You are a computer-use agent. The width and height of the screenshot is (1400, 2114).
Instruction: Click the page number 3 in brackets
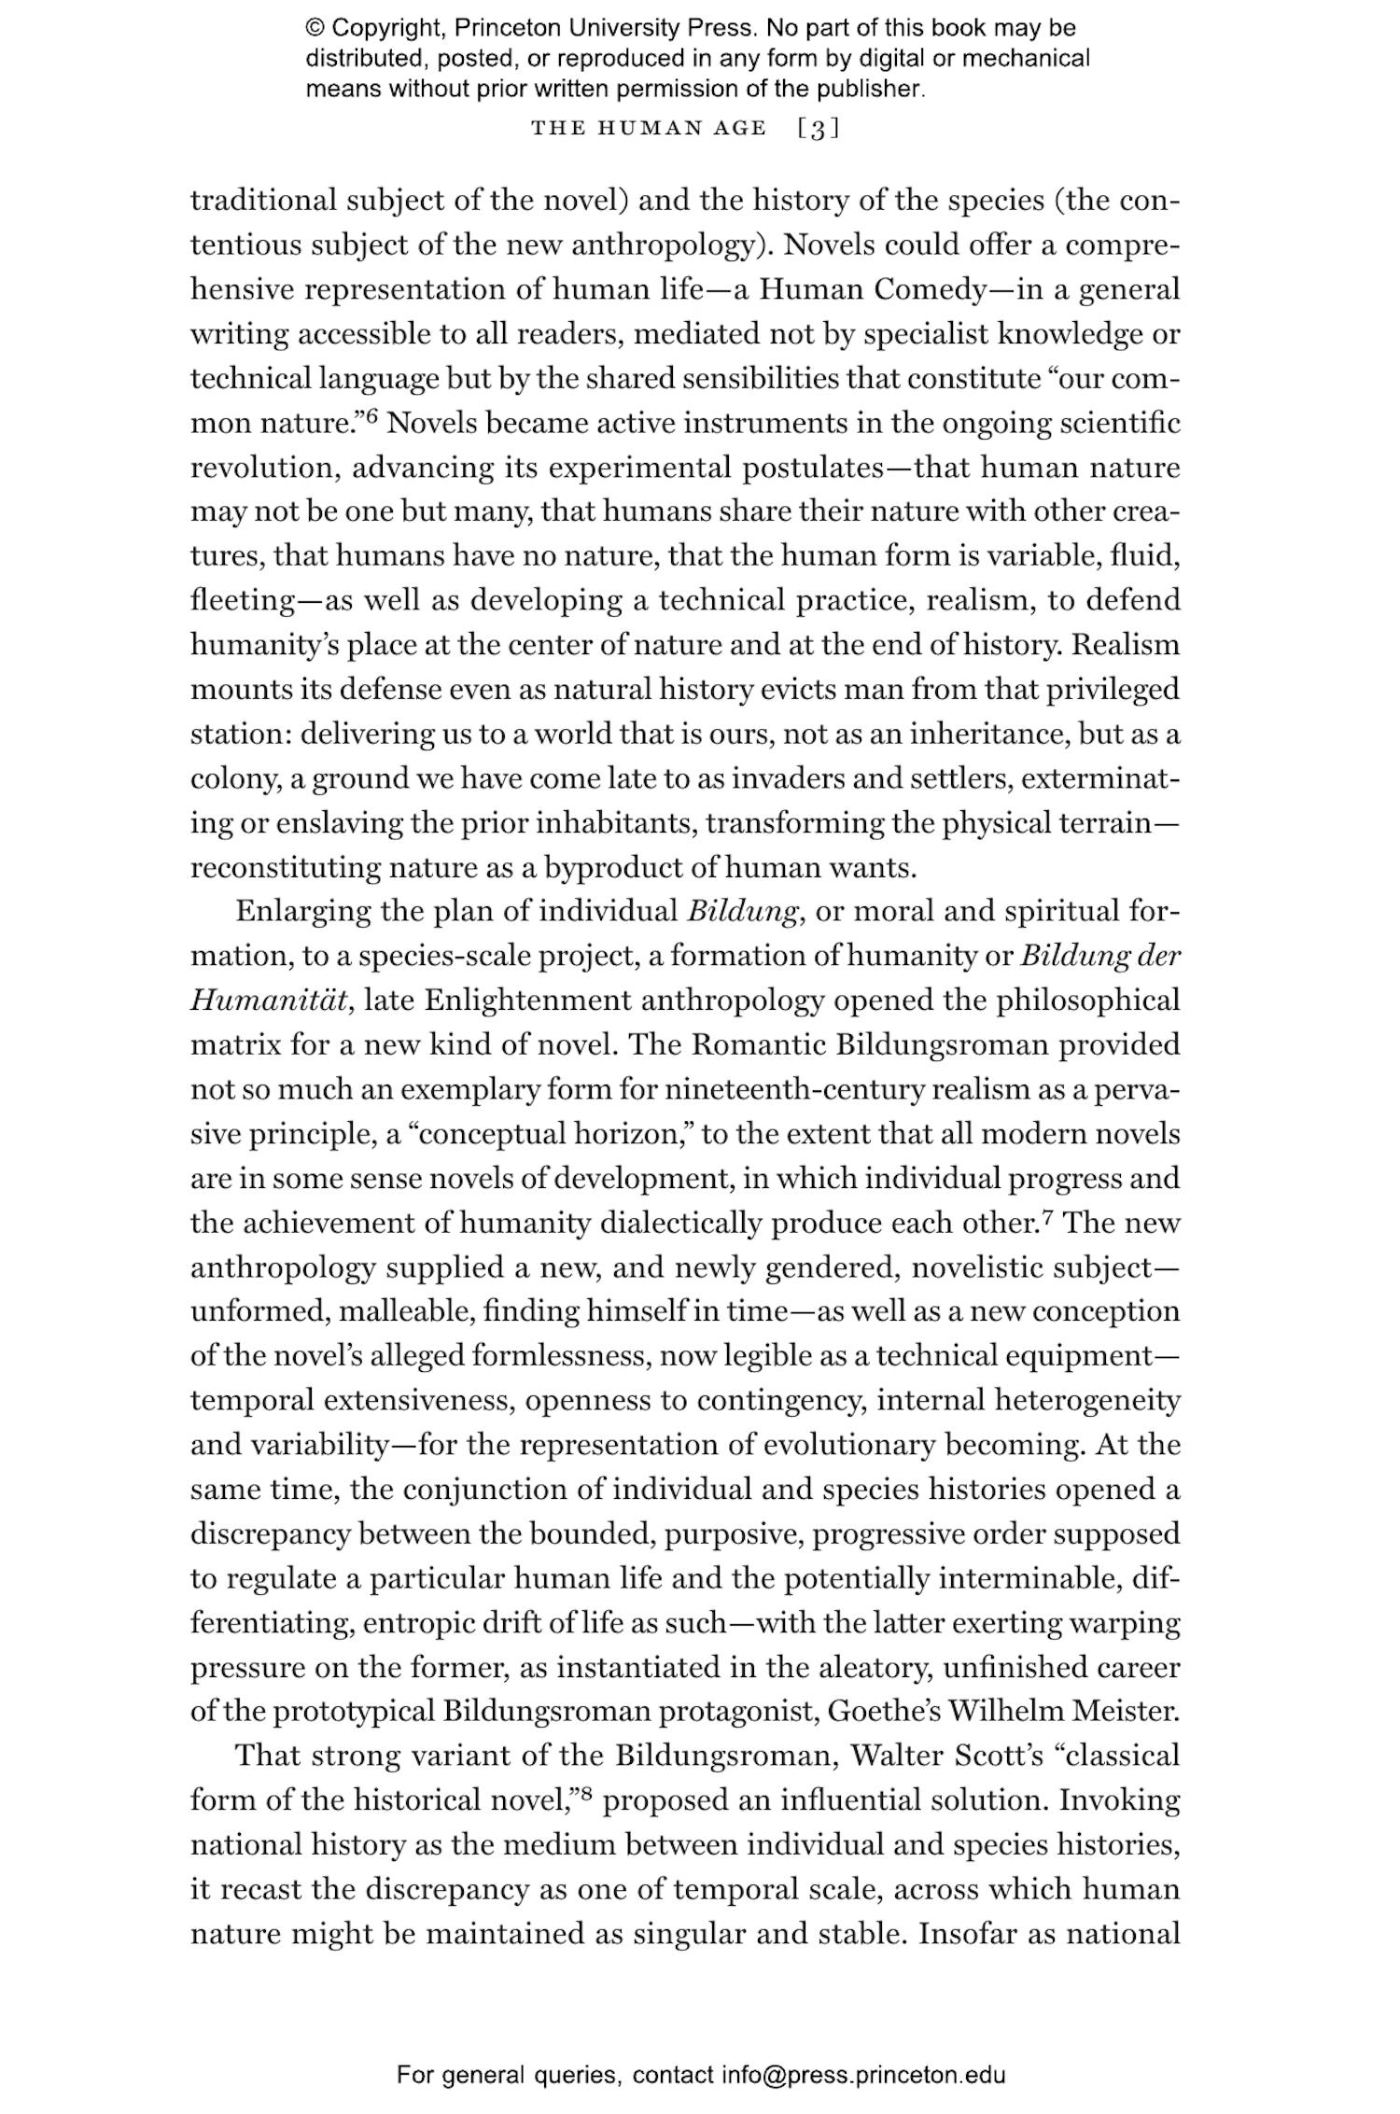tap(819, 129)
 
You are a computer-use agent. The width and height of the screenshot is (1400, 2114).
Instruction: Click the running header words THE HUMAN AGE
tap(649, 129)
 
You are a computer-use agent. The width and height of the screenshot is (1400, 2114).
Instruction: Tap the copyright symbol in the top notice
tap(315, 29)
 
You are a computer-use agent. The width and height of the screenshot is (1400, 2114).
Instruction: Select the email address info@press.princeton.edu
tap(863, 2075)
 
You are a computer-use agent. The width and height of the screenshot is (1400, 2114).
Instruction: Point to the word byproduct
tap(613, 868)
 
